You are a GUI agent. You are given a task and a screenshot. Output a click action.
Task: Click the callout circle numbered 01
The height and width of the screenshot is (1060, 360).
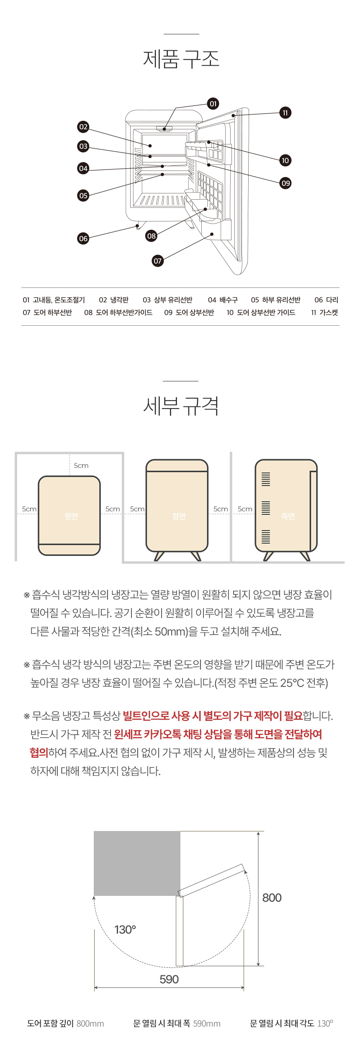[x=213, y=104]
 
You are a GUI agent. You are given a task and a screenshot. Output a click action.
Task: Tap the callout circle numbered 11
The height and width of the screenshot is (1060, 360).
[x=285, y=113]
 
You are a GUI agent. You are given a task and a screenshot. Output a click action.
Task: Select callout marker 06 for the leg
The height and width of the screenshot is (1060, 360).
[x=83, y=239]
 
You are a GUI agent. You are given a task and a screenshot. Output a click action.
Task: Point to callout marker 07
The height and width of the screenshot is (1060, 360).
[x=157, y=261]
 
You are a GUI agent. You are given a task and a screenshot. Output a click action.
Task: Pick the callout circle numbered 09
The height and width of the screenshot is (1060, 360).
[x=285, y=183]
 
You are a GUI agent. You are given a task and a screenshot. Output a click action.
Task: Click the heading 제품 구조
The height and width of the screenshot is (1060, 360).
[x=181, y=59]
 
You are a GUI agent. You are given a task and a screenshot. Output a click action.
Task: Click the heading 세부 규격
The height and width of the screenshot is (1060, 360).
[x=181, y=406]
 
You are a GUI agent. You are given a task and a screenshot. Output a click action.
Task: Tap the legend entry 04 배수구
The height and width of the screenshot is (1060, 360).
[x=223, y=300]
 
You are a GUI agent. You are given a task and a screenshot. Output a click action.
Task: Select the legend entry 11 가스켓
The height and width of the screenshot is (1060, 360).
[x=324, y=312]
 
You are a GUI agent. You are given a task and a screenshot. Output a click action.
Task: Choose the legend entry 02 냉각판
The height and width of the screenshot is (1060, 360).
[x=114, y=300]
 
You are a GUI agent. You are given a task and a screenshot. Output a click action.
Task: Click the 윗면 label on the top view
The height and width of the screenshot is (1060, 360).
[x=71, y=516]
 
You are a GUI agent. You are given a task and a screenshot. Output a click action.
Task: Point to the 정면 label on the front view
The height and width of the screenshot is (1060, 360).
[x=179, y=516]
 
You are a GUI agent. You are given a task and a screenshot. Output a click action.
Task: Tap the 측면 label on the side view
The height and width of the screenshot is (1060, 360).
[x=288, y=516]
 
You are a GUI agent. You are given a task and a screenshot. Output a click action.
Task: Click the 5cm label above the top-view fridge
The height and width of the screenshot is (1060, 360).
[x=81, y=466]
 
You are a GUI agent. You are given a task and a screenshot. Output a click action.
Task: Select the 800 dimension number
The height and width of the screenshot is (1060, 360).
[x=272, y=898]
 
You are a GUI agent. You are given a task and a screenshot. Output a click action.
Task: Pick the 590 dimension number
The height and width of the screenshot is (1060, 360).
[x=169, y=979]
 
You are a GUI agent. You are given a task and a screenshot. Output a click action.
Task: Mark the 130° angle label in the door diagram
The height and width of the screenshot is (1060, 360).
[x=125, y=930]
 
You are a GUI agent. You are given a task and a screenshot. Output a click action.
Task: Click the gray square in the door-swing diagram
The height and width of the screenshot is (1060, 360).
[x=137, y=864]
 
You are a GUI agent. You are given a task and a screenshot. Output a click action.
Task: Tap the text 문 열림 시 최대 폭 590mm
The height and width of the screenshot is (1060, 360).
[x=177, y=1024]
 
